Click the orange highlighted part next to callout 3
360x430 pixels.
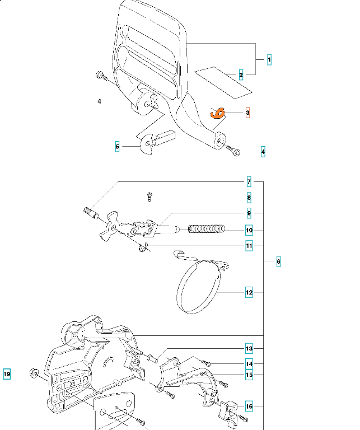click(218, 113)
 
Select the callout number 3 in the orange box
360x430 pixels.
click(247, 113)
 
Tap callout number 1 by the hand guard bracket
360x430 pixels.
click(269, 59)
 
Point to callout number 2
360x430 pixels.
click(241, 75)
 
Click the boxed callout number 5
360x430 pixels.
click(117, 147)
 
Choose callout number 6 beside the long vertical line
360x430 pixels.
click(278, 261)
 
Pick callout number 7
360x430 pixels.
click(249, 182)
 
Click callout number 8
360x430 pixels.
click(249, 198)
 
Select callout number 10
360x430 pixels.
click(249, 230)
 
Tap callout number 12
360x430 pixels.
click(249, 292)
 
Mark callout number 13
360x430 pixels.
click(249, 348)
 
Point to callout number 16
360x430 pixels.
click(249, 406)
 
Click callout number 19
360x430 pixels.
click(7, 374)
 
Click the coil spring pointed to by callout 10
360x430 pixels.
click(206, 229)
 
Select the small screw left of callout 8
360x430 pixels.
click(149, 196)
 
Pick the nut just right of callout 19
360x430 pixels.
click(35, 372)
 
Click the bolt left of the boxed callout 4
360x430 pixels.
click(234, 151)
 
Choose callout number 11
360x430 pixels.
click(249, 245)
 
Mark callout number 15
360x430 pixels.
click(249, 375)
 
